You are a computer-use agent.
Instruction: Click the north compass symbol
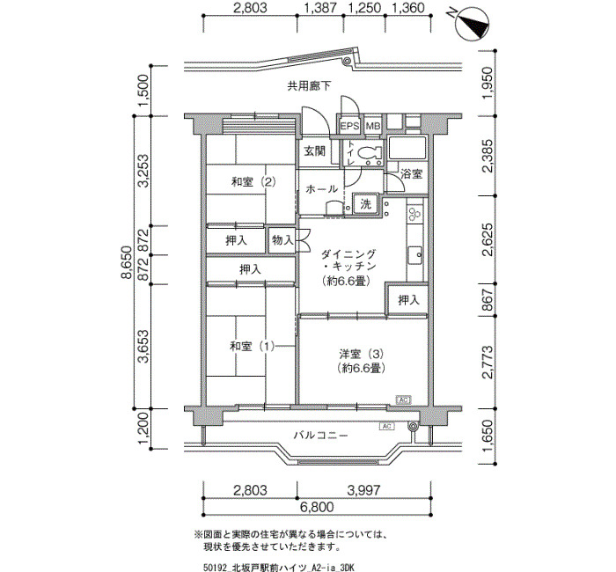[x=473, y=24]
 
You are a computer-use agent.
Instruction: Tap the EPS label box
[x=349, y=126]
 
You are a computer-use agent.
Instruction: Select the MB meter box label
[x=373, y=127]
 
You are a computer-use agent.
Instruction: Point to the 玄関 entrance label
[x=315, y=150]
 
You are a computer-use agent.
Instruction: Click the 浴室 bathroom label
[x=411, y=174]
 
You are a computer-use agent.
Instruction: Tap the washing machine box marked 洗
[x=366, y=204]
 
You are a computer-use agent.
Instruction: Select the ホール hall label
[x=321, y=188]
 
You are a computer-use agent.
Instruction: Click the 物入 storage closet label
[x=282, y=240]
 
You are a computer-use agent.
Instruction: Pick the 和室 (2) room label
[x=253, y=181]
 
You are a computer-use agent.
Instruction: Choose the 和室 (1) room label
[x=252, y=346]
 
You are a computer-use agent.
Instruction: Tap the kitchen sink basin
[x=415, y=256]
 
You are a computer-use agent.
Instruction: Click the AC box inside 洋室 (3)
[x=403, y=400]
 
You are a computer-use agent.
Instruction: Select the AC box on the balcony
[x=386, y=426]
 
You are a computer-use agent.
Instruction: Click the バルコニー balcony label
[x=321, y=436]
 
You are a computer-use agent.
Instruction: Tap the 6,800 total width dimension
[x=317, y=507]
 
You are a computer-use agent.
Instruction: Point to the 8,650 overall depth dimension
[x=127, y=262]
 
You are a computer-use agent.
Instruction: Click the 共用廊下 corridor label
[x=309, y=85]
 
